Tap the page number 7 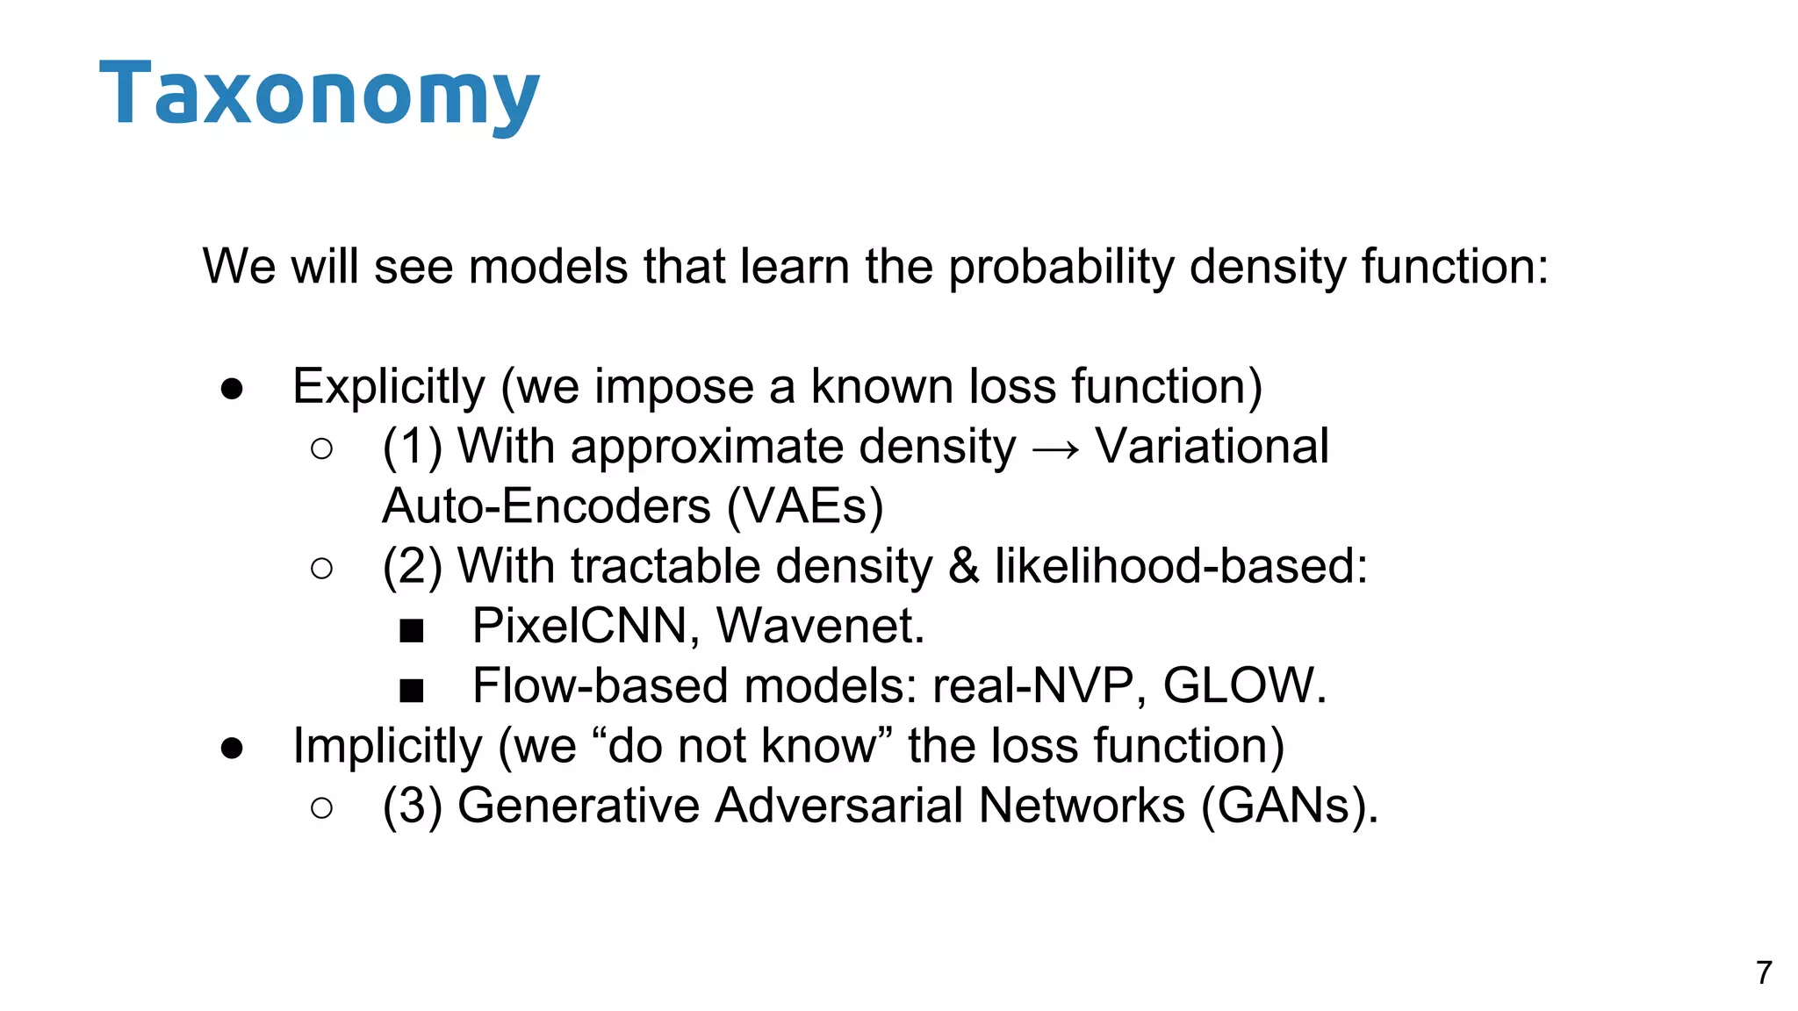1764,973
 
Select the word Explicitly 388,387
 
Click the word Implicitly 386,747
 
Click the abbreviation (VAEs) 805,506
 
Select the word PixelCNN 579,627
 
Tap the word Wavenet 820,627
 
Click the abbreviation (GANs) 1288,806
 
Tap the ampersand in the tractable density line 963,566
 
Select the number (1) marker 413,447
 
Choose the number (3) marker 413,806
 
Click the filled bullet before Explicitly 232,389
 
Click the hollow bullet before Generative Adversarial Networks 321,808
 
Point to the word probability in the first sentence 1061,267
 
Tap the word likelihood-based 1180,566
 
